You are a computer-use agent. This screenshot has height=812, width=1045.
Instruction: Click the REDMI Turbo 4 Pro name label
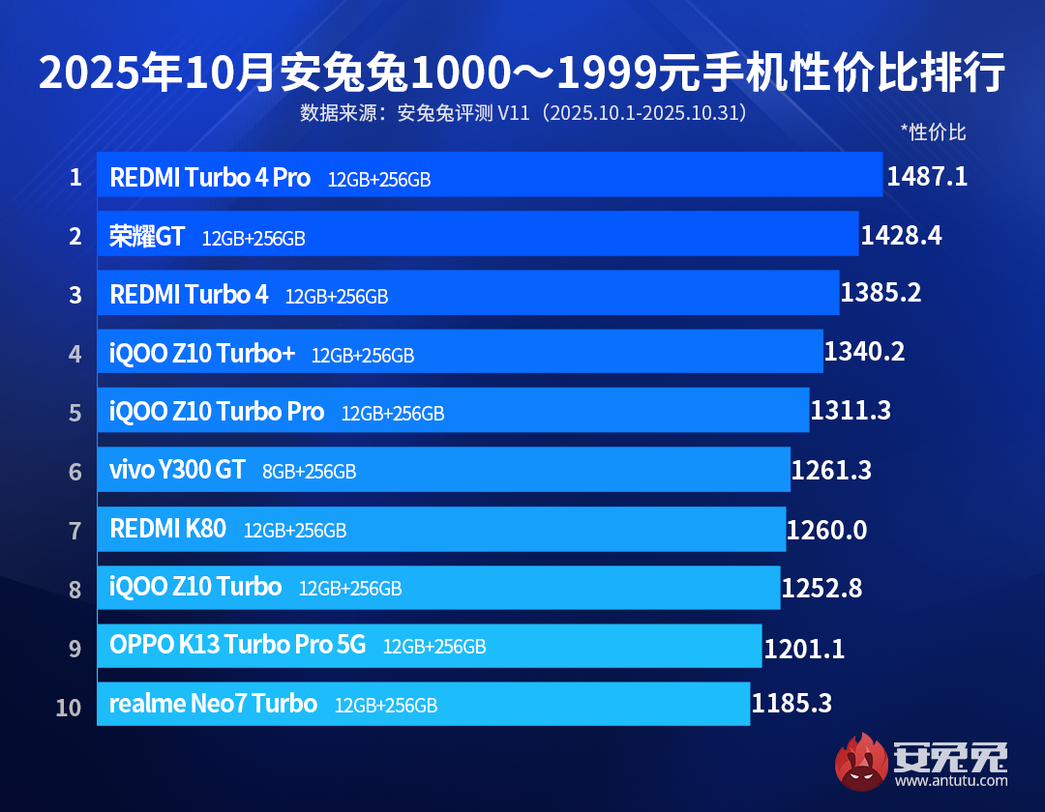tap(210, 178)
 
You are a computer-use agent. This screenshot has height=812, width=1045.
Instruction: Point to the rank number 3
tap(75, 295)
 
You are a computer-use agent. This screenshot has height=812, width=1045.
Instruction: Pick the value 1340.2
tap(864, 352)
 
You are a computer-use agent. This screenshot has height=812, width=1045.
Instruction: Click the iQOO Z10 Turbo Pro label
tap(217, 412)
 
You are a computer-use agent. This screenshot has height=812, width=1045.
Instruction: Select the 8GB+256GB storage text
tap(309, 472)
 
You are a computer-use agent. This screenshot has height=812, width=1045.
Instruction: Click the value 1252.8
tap(821, 588)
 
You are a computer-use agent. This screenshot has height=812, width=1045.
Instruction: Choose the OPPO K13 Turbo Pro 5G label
tap(238, 646)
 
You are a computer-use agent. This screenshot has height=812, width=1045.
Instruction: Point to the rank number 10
tap(69, 707)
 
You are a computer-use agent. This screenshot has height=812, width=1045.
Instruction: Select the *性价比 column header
tap(933, 132)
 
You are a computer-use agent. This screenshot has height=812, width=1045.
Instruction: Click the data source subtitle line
tap(522, 113)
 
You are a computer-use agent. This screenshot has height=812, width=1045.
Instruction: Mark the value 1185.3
tap(791, 704)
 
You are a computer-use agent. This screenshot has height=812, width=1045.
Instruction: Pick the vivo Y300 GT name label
tap(177, 471)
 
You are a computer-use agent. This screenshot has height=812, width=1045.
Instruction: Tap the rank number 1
tap(75, 177)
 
